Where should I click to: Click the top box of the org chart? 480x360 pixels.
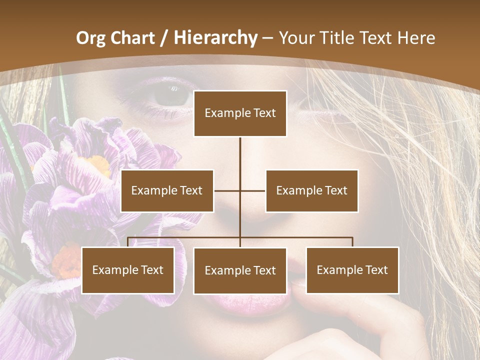pos(240,113)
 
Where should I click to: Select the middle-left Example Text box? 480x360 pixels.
pos(167,190)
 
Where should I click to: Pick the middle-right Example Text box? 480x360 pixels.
pos(311,190)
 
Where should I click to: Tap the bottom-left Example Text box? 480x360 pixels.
pos(128,270)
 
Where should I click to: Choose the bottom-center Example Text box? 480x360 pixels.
pos(240,270)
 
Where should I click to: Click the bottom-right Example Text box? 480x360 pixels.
pos(352,270)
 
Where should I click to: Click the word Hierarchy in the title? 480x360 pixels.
pos(215,37)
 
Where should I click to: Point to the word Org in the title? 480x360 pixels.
pos(90,38)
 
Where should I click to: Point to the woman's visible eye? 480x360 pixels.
pos(170,94)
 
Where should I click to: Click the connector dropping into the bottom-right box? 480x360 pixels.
pos(352,242)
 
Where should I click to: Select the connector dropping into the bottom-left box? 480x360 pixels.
pos(128,242)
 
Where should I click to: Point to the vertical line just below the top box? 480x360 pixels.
pos(240,150)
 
